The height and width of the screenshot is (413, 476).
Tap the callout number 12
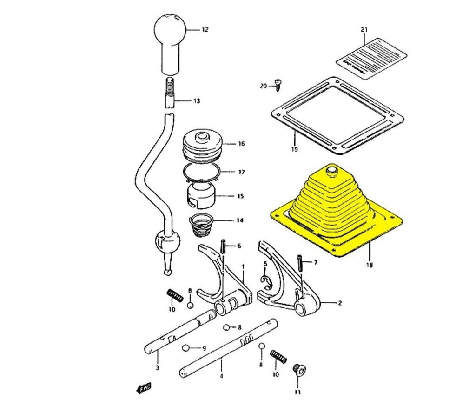[x=205, y=30]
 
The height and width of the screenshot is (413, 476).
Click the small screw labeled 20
[x=278, y=84]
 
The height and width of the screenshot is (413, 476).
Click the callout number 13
[x=197, y=101]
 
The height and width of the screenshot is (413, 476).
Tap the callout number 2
[x=339, y=303]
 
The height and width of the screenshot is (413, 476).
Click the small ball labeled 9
[x=186, y=348]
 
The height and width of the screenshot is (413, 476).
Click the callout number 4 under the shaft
[x=221, y=375]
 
